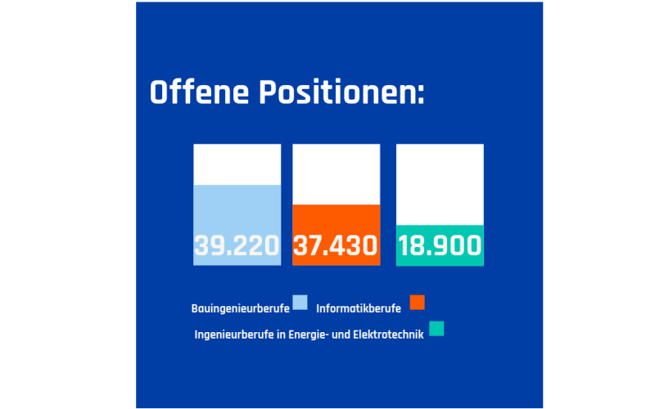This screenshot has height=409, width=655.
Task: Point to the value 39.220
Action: pyautogui.click(x=237, y=245)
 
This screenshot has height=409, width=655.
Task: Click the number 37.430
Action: pyautogui.click(x=336, y=245)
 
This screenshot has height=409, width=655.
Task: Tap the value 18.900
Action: pyautogui.click(x=440, y=245)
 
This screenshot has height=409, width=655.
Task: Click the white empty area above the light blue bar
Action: pyautogui.click(x=237, y=164)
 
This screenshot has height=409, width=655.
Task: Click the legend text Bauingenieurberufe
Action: pyautogui.click(x=240, y=308)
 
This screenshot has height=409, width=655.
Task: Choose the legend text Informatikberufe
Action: pyautogui.click(x=358, y=308)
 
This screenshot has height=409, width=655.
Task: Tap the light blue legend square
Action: pyautogui.click(x=300, y=303)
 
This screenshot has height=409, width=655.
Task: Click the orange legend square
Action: pyautogui.click(x=418, y=303)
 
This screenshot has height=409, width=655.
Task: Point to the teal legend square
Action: pyautogui.click(x=436, y=328)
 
